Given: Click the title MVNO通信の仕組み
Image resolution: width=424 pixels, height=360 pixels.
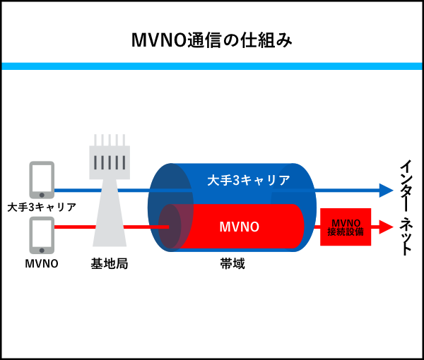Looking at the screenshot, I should coord(212,40).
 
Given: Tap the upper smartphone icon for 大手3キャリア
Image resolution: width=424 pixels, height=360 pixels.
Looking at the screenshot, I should coord(42,179).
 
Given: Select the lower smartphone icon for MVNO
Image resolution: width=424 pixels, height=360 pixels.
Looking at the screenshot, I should coord(42,234).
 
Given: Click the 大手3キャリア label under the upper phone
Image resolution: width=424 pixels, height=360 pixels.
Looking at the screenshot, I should coord(42,208).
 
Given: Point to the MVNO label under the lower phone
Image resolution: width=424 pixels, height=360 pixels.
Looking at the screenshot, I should coord(42,264).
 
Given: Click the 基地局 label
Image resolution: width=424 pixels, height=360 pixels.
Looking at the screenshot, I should coord(110,264).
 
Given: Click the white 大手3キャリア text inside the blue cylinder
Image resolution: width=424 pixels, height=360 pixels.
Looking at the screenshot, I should coord(248,181).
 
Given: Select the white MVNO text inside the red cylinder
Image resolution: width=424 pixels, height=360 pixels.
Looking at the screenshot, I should coord(239,227).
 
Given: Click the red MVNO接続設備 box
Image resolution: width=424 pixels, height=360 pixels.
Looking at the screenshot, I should coord(346,227).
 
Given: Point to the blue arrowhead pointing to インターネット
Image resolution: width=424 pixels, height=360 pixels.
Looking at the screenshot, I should coord(386,190).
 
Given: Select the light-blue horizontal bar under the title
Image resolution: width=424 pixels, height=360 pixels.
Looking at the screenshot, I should coord(212,66).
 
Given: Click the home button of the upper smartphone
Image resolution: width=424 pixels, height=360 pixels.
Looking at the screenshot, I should coord(42,193).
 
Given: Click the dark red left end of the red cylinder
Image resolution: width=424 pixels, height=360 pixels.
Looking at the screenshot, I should coord(170,227).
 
